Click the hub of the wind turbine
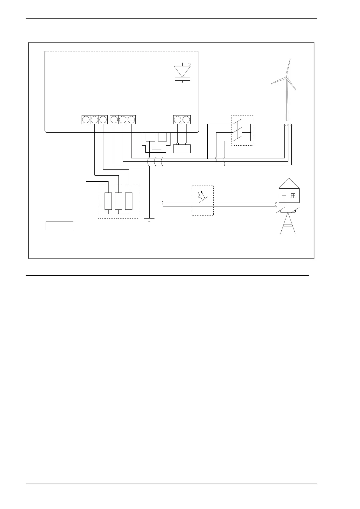click(287, 78)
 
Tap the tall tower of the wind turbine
click(287, 103)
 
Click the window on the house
click(293, 196)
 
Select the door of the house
click(284, 199)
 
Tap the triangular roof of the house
click(289, 183)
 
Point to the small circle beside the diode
click(189, 64)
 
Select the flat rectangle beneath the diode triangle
click(182, 79)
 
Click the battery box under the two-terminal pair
click(182, 149)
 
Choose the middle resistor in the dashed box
click(118, 201)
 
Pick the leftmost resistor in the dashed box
click(108, 201)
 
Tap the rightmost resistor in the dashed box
click(129, 201)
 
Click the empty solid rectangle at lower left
click(59, 226)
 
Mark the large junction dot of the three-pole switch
click(251, 132)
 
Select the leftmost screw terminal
click(86, 120)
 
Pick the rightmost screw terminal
click(186, 120)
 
